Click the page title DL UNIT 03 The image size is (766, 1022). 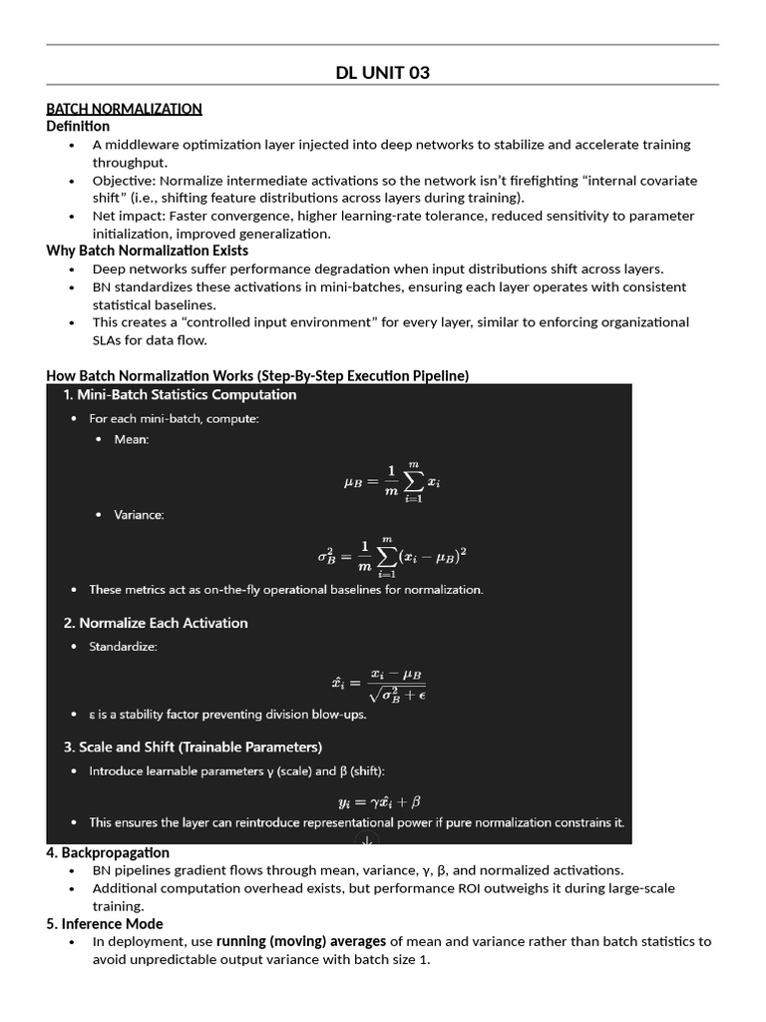point(383,72)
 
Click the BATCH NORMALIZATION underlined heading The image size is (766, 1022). point(124,108)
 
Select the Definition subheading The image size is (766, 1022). point(78,126)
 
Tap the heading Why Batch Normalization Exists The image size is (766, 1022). point(147,251)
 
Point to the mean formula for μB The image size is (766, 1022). point(391,482)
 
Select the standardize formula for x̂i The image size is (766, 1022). point(379,684)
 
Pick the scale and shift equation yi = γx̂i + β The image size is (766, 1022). point(379,800)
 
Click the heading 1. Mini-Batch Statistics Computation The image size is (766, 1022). point(180,395)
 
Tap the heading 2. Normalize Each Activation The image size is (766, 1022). point(156,623)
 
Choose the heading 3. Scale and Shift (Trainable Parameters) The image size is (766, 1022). point(192,747)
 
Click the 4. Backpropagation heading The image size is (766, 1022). point(108,852)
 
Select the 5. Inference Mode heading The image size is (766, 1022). point(105,923)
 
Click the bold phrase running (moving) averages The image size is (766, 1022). point(301,941)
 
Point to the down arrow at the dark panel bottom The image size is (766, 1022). point(367,839)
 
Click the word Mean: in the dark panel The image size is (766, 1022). point(131,440)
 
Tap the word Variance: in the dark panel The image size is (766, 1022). point(139,515)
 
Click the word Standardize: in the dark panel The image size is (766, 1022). point(123,647)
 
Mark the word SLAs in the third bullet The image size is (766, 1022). point(108,339)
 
